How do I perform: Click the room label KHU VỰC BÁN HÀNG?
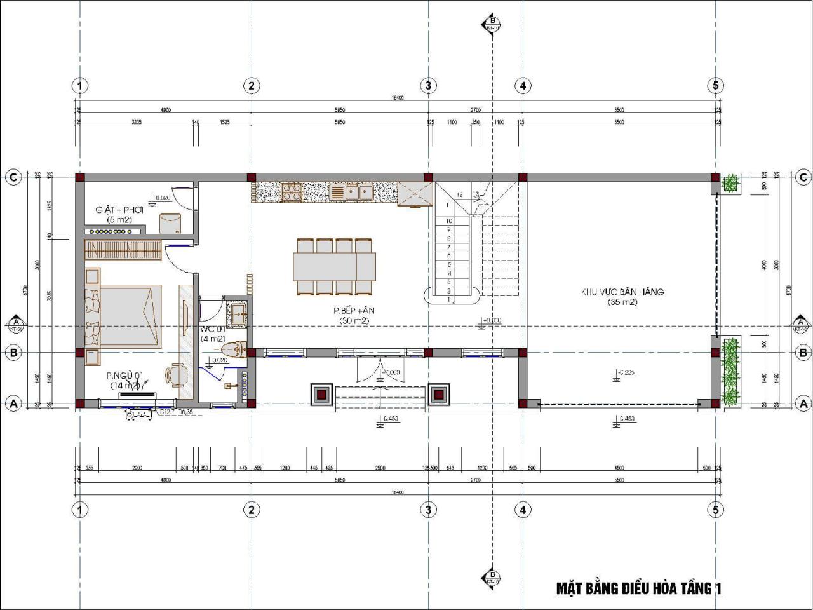pyautogui.click(x=622, y=292)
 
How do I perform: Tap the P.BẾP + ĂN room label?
pyautogui.click(x=354, y=311)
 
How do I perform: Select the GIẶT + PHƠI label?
pyautogui.click(x=119, y=210)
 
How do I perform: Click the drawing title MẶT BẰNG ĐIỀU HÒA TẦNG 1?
pyautogui.click(x=638, y=588)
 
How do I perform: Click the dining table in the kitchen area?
pyautogui.click(x=334, y=267)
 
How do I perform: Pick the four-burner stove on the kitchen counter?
pyautogui.click(x=292, y=191)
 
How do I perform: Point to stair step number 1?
pyautogui.click(x=449, y=300)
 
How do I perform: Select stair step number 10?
pyautogui.click(x=449, y=220)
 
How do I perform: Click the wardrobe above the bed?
pyautogui.click(x=123, y=251)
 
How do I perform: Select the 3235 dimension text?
pyautogui.click(x=137, y=122)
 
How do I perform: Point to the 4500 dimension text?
pyautogui.click(x=619, y=468)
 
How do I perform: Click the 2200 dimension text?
pyautogui.click(x=137, y=468)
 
